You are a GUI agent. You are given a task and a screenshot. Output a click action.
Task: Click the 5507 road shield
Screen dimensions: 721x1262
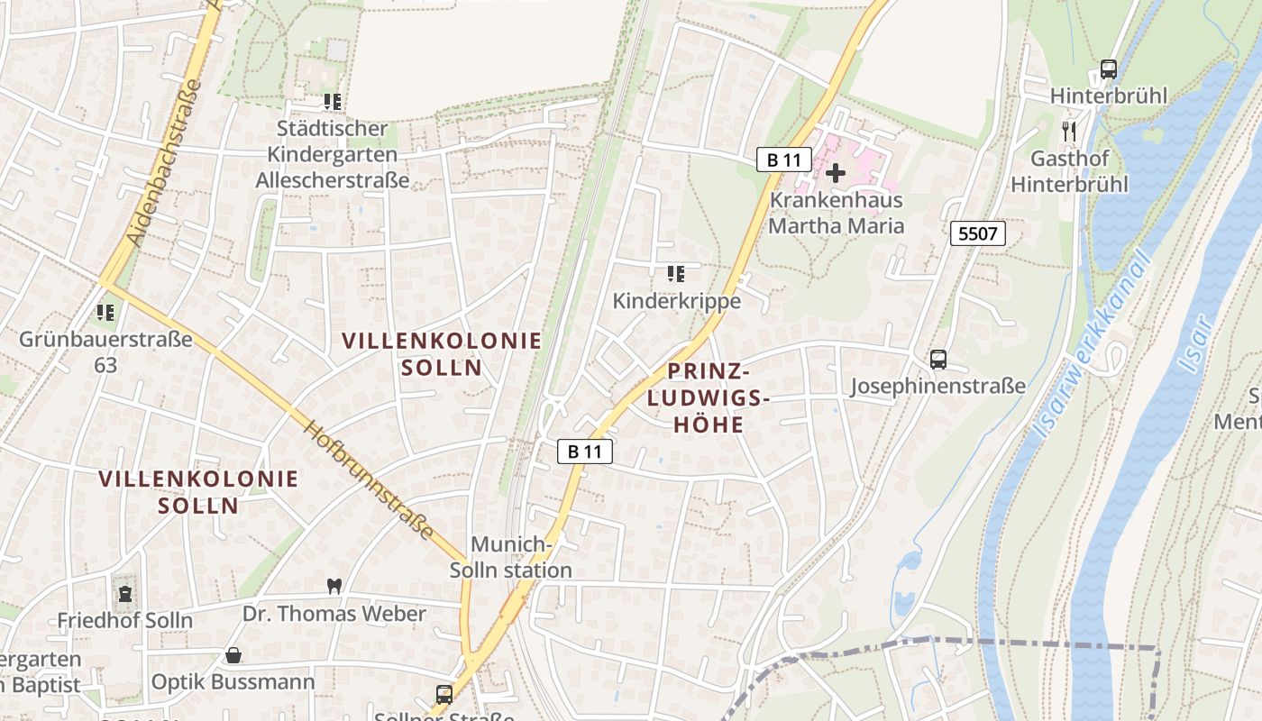[x=978, y=234]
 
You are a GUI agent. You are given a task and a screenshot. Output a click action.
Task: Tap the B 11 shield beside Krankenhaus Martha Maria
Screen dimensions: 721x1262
[x=783, y=160]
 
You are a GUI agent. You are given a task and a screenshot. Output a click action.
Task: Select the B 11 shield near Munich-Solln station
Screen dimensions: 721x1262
[x=584, y=452]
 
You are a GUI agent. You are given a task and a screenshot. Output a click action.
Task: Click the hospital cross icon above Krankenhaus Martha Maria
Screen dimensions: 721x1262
[x=836, y=172]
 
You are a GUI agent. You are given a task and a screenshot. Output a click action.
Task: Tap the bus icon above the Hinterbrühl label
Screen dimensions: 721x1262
[x=1109, y=69]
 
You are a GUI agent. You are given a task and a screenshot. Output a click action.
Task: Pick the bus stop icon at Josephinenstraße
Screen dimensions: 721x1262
[x=938, y=360]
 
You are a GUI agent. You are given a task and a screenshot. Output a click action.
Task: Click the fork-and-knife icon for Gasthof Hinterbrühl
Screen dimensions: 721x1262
[x=1069, y=132]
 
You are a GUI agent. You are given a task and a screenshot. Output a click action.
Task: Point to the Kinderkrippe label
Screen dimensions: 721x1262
[x=677, y=301]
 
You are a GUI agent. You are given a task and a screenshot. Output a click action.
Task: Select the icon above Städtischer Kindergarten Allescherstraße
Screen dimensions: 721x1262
[x=332, y=103]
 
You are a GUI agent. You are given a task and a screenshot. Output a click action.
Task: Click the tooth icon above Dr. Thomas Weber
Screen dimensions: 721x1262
[x=334, y=586]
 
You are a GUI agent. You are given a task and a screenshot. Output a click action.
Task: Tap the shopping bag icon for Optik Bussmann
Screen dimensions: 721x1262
[x=233, y=655]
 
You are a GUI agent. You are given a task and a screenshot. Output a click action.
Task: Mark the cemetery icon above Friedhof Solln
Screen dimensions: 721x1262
[x=124, y=594]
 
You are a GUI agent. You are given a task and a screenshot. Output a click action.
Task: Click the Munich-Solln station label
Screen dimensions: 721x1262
[x=511, y=557]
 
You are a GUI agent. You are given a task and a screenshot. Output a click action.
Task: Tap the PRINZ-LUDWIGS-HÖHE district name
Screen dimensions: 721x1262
[x=709, y=397]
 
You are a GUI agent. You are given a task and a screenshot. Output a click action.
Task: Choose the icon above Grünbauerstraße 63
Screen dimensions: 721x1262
[x=105, y=313]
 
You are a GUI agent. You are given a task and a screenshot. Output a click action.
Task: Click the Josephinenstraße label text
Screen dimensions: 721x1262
[x=938, y=387]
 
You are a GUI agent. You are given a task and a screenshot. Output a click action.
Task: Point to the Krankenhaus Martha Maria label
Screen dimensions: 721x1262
[x=836, y=213]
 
